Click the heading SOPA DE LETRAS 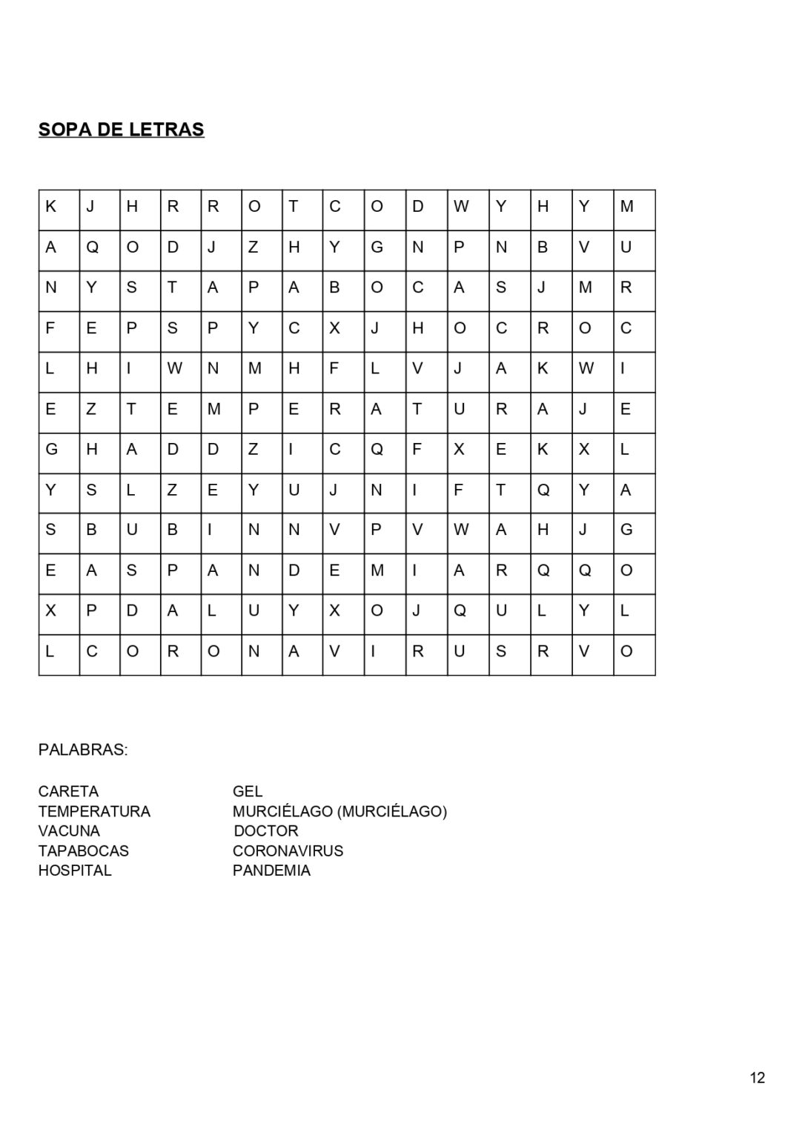point(121,130)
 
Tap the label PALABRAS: point(82,750)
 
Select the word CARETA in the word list point(68,791)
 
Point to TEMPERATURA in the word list point(94,811)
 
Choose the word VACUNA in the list point(69,831)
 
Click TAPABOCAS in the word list point(83,851)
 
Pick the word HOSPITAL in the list point(75,871)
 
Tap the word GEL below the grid point(248,791)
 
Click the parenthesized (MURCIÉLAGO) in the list point(392,811)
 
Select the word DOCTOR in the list point(265,831)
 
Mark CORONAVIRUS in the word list point(288,851)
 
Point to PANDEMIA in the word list point(271,871)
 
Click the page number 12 point(757,1078)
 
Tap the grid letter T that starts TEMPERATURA point(131,409)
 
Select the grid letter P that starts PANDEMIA point(173,570)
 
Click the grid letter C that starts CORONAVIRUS point(92,651)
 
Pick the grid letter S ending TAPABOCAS point(501,287)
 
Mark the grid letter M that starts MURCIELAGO point(626,207)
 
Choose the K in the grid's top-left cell point(51,207)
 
